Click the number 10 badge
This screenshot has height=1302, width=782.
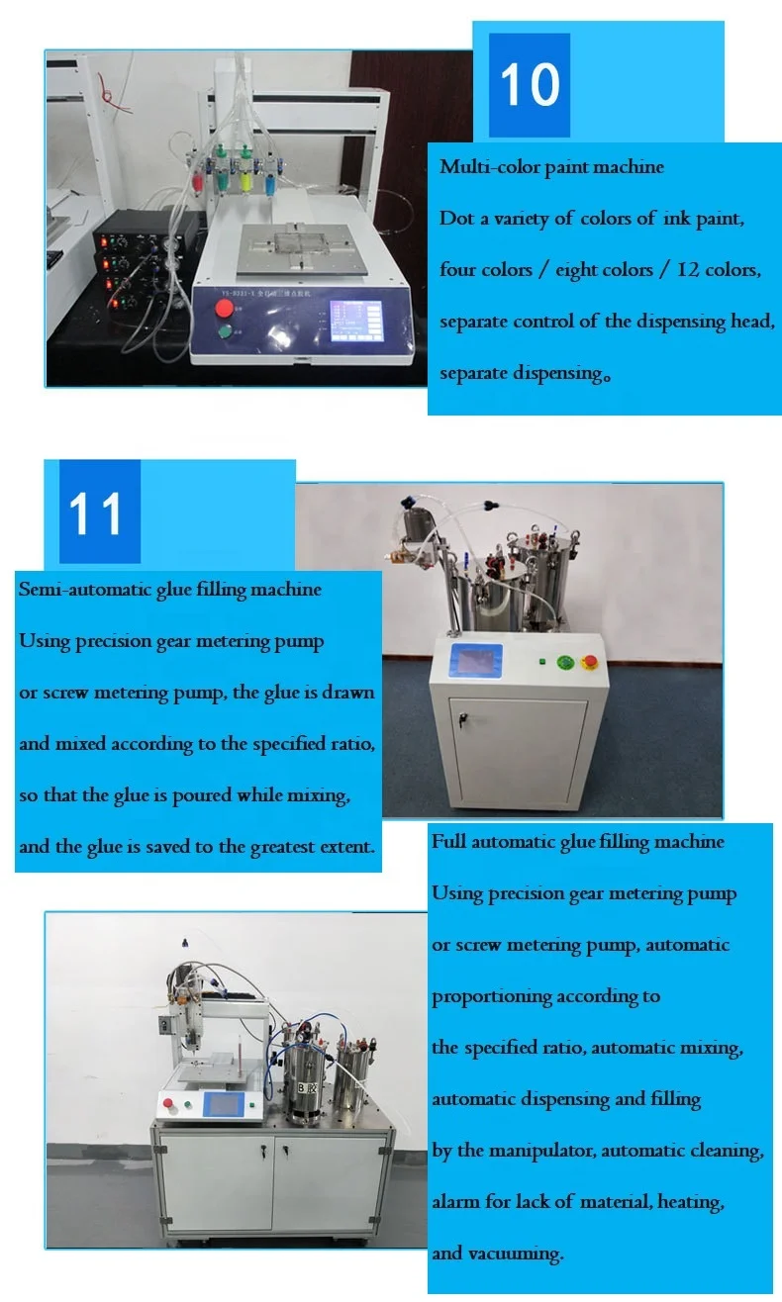[530, 85]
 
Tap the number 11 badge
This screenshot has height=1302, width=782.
[97, 513]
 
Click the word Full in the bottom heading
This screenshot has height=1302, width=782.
[447, 842]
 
